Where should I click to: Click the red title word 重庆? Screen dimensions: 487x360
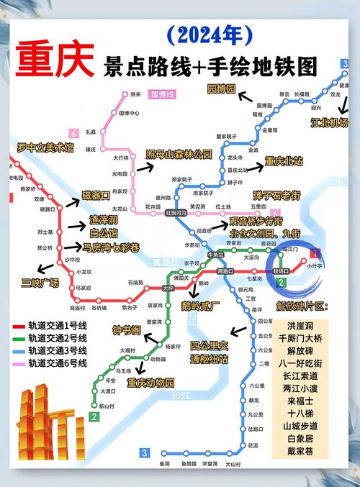coord(55,62)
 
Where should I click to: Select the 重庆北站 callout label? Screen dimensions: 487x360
coord(285,161)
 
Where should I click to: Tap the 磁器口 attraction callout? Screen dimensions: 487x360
coord(96,195)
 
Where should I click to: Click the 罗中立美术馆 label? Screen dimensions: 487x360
coord(46,148)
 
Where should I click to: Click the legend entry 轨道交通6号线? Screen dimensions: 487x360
coord(58,363)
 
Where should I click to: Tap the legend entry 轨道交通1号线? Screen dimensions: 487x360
coord(58,324)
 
